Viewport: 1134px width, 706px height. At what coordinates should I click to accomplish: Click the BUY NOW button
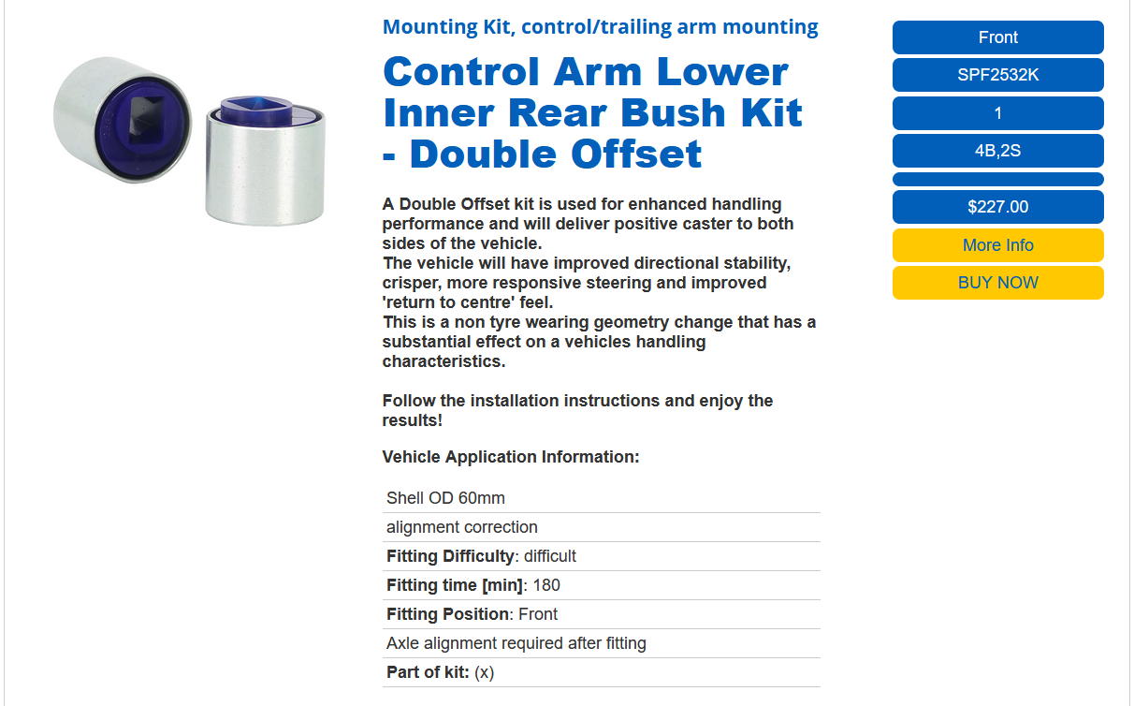click(x=997, y=283)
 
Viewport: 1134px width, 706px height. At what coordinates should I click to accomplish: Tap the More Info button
click(x=997, y=245)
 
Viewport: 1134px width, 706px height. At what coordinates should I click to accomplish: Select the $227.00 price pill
click(x=997, y=207)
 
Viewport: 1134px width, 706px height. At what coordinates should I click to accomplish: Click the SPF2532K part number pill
click(x=997, y=75)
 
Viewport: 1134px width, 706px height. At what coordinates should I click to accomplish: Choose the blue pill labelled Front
click(x=997, y=37)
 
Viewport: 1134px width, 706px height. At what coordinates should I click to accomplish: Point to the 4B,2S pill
click(x=997, y=151)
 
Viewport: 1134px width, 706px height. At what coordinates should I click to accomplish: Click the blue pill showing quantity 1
click(x=997, y=113)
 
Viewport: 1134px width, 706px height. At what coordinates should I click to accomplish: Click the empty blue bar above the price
click(x=997, y=179)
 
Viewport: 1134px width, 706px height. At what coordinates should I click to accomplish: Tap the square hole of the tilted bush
click(x=145, y=119)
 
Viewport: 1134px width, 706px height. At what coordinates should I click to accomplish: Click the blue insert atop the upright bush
click(x=257, y=110)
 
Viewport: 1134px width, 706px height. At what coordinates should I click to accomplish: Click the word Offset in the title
click(x=636, y=154)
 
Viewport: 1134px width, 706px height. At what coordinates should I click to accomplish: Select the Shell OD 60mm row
click(x=445, y=498)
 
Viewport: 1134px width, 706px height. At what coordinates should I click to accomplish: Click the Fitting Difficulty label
click(x=451, y=556)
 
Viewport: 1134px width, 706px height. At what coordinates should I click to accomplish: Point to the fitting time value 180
click(x=546, y=585)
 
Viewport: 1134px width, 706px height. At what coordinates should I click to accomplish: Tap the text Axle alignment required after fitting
click(x=516, y=643)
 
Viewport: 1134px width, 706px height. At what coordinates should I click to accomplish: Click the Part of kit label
click(x=428, y=672)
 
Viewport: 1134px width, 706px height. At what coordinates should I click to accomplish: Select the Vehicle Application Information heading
click(x=511, y=457)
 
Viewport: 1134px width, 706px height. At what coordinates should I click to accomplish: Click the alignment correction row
click(x=461, y=527)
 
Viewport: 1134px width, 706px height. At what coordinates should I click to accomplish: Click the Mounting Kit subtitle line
click(x=601, y=27)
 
